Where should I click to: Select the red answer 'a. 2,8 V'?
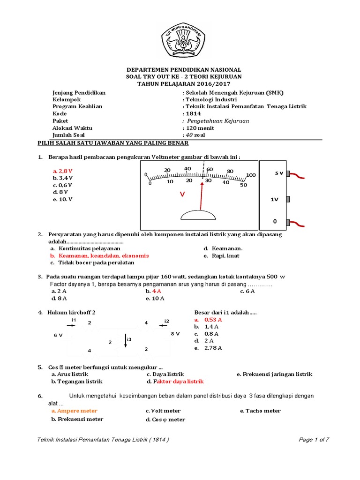click(62, 172)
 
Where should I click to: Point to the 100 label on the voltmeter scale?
click(251, 175)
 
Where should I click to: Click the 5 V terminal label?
click(279, 173)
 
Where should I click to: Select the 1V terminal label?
click(275, 199)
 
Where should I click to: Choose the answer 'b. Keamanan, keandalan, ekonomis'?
click(99, 256)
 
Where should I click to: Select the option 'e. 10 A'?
click(155, 298)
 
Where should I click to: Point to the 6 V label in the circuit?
click(58, 335)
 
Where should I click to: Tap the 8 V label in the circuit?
click(175, 333)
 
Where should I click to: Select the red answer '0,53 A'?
click(213, 319)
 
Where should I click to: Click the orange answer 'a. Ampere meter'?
click(75, 411)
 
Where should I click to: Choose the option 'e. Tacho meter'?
click(260, 411)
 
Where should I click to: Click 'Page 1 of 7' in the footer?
click(314, 439)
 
